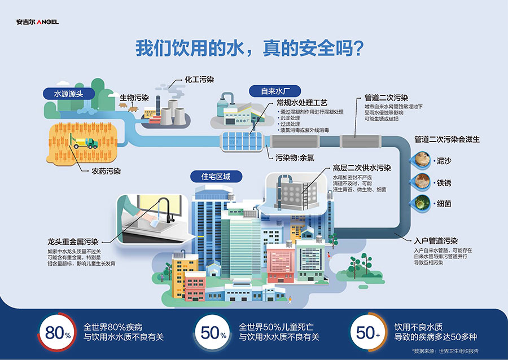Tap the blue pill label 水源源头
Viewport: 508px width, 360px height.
pyautogui.click(x=68, y=94)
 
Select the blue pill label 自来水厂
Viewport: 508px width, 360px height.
pyautogui.click(x=275, y=91)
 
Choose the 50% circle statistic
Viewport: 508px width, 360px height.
pyautogui.click(x=213, y=332)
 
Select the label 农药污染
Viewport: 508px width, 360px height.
pyautogui.click(x=106, y=170)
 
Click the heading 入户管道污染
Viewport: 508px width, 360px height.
pyautogui.click(x=435, y=240)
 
